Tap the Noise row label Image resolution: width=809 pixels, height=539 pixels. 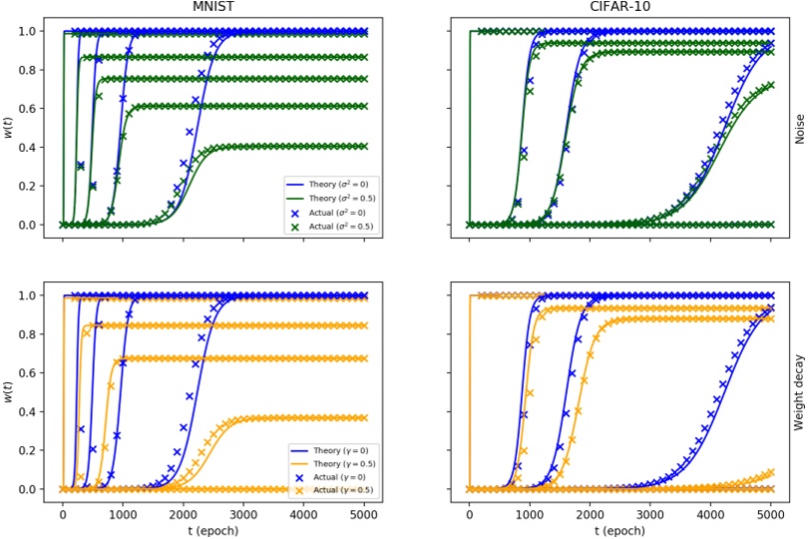point(799,128)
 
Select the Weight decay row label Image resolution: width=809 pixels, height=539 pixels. point(799,392)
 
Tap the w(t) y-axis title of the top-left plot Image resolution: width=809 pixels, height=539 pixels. point(9,128)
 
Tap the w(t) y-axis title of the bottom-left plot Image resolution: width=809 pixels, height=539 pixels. point(9,392)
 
